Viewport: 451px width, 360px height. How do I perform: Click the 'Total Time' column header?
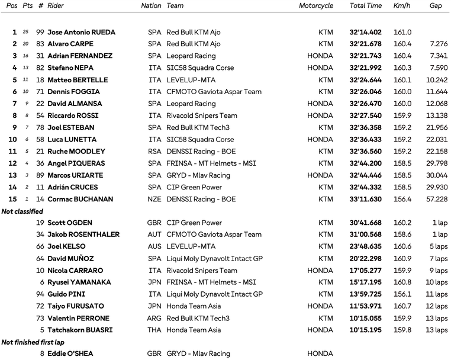click(x=365, y=6)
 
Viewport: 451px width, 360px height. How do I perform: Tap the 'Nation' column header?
click(x=151, y=6)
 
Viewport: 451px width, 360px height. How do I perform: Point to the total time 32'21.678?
click(x=365, y=44)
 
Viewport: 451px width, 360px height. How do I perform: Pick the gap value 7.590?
click(x=438, y=68)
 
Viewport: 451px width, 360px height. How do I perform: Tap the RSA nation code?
click(x=154, y=152)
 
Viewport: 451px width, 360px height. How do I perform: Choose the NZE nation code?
click(x=154, y=200)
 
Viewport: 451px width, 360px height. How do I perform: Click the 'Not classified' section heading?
click(x=22, y=211)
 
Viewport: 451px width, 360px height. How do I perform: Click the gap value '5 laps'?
click(x=439, y=247)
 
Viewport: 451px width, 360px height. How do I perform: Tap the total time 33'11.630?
click(x=365, y=200)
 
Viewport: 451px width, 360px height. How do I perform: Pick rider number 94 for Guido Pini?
click(x=40, y=294)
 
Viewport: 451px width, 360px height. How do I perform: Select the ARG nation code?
click(x=154, y=319)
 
